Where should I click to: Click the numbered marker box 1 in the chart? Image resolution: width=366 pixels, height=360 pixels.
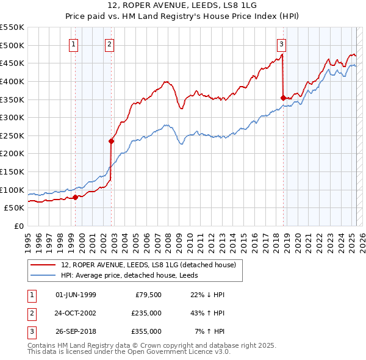tap(73, 43)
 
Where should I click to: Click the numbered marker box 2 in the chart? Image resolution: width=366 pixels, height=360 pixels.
tap(109, 43)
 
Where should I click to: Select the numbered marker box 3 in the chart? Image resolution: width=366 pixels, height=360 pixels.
tap(281, 43)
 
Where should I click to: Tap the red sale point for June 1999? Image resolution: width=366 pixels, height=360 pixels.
tap(75, 197)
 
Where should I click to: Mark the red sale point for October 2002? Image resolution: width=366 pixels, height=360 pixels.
tap(112, 141)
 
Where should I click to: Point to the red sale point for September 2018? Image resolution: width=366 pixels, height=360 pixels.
tap(283, 98)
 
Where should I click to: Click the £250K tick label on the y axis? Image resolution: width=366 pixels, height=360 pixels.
tap(12, 135)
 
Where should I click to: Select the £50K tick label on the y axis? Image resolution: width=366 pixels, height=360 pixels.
tap(15, 208)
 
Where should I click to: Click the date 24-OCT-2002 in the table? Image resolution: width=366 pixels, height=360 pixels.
tap(76, 313)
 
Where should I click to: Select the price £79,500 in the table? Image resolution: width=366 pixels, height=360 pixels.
tap(148, 295)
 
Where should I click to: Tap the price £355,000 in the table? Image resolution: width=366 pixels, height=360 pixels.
tap(146, 331)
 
